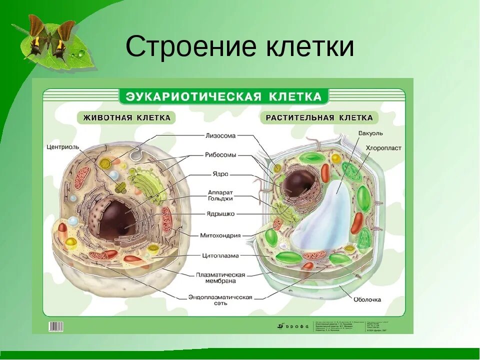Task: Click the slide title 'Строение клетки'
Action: point(239,47)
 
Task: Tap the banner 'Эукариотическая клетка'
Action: point(223,96)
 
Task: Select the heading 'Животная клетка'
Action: point(126,118)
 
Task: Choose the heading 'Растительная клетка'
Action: point(319,118)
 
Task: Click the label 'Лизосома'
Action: point(220,135)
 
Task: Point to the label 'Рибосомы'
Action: point(220,155)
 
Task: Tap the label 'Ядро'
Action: point(220,174)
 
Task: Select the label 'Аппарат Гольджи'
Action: point(220,195)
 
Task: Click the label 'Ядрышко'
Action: point(220,214)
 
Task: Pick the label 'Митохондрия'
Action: point(220,235)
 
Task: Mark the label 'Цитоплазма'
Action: point(220,255)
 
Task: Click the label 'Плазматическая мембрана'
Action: point(220,278)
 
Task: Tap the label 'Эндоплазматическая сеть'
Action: point(220,299)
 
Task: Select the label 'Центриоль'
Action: point(62,147)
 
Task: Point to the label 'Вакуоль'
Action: point(370,133)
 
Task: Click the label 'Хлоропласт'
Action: point(383,148)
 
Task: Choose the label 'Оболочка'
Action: point(367,299)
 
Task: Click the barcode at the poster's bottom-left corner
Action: point(55,326)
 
